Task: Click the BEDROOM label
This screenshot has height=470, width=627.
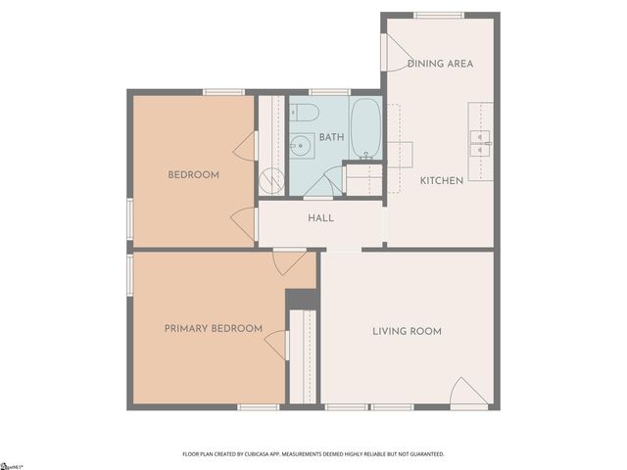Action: (x=193, y=175)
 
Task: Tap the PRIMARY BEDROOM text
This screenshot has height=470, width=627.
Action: (x=213, y=329)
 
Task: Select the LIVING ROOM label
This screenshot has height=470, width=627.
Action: (x=407, y=331)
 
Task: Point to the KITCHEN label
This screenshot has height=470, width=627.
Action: (x=441, y=181)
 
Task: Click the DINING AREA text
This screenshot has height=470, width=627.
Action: (x=440, y=64)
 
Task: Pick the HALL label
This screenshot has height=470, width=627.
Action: (x=320, y=218)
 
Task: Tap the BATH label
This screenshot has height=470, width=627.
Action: (x=330, y=137)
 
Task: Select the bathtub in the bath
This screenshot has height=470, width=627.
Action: (x=365, y=127)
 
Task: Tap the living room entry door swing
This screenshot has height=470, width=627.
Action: (x=466, y=391)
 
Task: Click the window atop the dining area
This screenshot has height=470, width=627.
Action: (x=438, y=15)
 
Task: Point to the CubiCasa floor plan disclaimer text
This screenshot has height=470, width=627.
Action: (x=313, y=454)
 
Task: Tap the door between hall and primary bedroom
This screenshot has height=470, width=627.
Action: (x=289, y=261)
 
